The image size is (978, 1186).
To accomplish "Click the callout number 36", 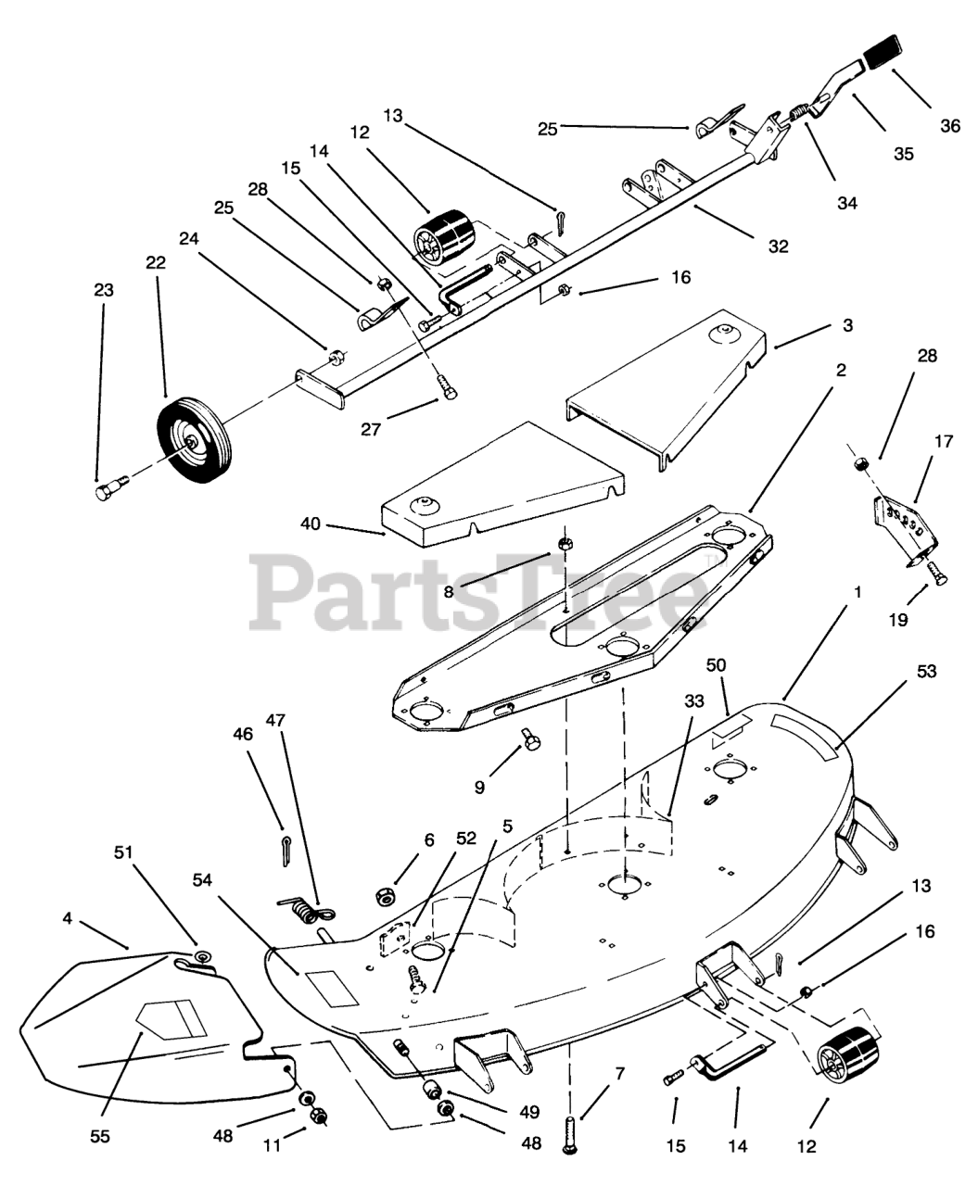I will pyautogui.click(x=950, y=126).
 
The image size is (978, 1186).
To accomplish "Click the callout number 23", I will pyautogui.click(x=103, y=290).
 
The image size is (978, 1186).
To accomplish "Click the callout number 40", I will pyautogui.click(x=310, y=524).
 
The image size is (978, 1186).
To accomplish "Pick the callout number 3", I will pyautogui.click(x=847, y=325).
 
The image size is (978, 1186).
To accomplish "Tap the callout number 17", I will pyautogui.click(x=943, y=442).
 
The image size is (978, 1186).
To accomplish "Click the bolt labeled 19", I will pyautogui.click(x=935, y=574).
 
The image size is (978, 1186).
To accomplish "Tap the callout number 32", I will pyautogui.click(x=778, y=246).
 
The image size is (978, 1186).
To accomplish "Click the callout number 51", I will pyautogui.click(x=123, y=852).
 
